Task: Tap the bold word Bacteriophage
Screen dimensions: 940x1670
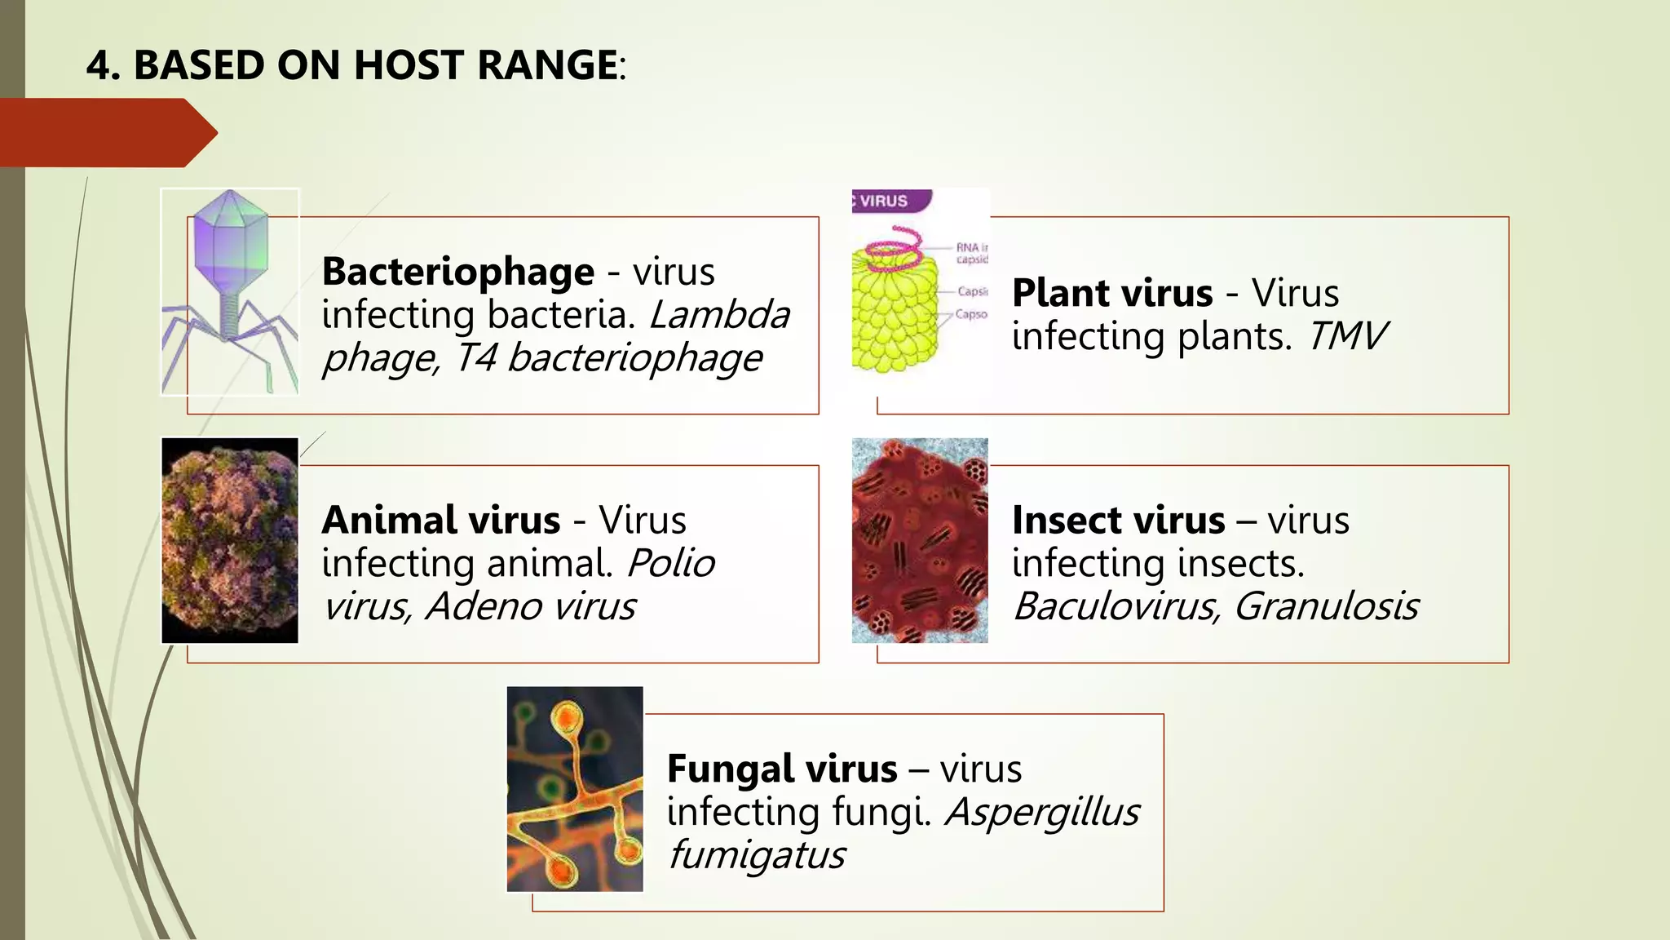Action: (457, 272)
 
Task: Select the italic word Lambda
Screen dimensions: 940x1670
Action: (719, 315)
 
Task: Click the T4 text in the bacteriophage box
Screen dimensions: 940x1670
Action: (475, 358)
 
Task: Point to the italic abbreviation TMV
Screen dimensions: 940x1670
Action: (1347, 336)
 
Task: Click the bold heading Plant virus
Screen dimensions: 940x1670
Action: (1112, 293)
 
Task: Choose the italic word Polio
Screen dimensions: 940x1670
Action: (670, 563)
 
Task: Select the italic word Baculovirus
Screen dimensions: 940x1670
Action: (1115, 606)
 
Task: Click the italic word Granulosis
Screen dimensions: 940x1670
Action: (1326, 606)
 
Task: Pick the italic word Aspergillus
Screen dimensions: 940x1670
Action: (1042, 812)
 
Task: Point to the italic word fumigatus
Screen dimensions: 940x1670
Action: (756, 855)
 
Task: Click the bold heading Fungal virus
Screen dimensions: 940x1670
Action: (782, 769)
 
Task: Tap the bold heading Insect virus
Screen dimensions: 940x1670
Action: (1118, 521)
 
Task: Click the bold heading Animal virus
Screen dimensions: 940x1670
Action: (441, 521)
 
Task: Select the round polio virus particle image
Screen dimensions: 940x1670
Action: (230, 540)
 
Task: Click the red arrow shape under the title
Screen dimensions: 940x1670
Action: (106, 133)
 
